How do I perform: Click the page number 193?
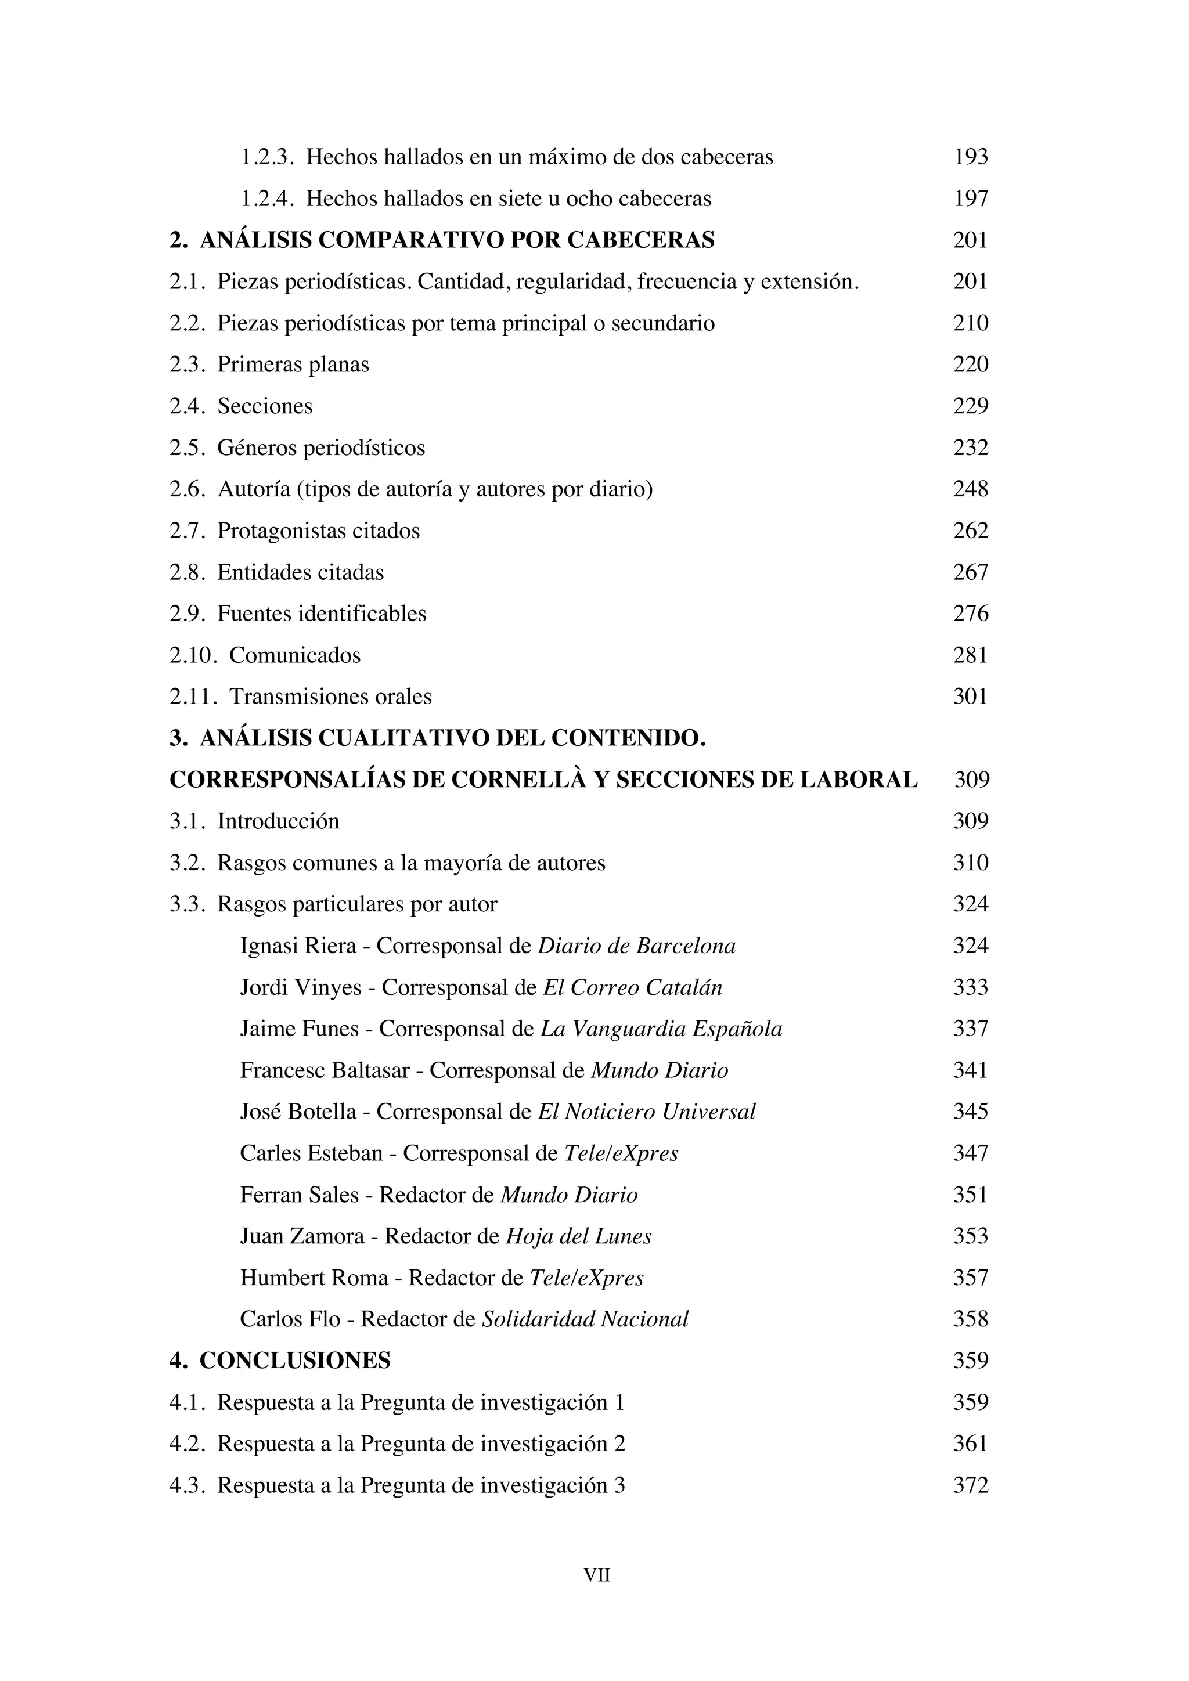[970, 157]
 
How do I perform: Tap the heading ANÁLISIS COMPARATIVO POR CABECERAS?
[457, 240]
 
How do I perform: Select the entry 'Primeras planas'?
[293, 365]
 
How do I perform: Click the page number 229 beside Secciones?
[970, 406]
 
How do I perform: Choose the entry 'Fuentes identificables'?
[322, 614]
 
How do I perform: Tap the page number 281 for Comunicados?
[970, 655]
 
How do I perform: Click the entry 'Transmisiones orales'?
[330, 697]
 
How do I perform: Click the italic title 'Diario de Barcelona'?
[636, 946]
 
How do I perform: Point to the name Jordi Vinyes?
[300, 988]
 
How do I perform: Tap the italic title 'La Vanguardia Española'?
[661, 1029]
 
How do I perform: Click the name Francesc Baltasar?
[325, 1071]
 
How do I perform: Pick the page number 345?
[970, 1112]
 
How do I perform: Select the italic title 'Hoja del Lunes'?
[578, 1236]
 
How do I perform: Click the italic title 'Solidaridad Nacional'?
[585, 1319]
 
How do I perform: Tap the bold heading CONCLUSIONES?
[294, 1361]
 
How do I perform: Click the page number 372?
[970, 1485]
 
